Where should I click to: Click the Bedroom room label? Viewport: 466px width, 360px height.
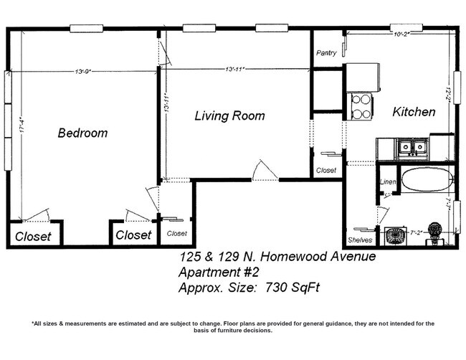point(82,133)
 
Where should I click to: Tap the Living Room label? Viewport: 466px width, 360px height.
point(229,115)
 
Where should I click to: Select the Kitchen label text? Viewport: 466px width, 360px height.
point(414,113)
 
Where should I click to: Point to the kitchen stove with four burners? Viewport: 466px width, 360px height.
point(361,106)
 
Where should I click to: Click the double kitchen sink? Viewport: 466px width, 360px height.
point(412,148)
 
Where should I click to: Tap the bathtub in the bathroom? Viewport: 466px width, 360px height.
point(427,179)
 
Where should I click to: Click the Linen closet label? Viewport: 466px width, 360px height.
point(387,183)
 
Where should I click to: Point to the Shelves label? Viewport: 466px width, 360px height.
point(359,240)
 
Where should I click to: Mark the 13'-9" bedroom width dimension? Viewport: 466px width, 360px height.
point(86,70)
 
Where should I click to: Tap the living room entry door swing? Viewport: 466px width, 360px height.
point(263,171)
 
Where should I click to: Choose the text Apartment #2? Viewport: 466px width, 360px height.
point(217,273)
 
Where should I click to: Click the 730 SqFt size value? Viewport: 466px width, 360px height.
point(294,288)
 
